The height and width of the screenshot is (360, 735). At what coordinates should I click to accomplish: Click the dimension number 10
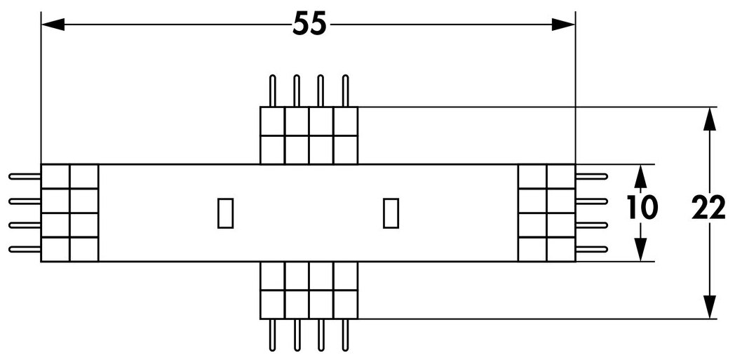642,208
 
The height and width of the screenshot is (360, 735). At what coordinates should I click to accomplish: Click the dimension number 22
709,208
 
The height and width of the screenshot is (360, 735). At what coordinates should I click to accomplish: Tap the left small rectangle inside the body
225,213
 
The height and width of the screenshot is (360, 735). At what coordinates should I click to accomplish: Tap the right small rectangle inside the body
391,213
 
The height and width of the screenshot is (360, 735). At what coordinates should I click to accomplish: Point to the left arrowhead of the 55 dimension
53,25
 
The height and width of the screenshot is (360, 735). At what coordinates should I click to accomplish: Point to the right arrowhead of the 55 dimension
563,25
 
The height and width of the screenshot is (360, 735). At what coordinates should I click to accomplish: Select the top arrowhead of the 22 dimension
710,119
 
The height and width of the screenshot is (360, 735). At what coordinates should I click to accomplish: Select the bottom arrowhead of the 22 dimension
710,307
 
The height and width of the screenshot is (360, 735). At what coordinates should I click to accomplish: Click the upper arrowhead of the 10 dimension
641,176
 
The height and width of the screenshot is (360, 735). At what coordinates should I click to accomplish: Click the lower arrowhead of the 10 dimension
641,249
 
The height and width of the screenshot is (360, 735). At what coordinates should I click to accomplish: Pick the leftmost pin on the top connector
272,91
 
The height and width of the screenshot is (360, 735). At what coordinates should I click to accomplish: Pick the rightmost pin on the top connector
346,91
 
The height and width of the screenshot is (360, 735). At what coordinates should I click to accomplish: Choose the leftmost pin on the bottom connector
272,335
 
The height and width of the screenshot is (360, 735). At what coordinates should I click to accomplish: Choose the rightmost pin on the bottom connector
346,335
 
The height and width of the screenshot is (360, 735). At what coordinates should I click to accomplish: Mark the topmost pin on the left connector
25,177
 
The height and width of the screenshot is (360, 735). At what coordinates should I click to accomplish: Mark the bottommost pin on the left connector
25,249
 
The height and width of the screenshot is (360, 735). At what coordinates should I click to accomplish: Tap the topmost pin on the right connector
591,177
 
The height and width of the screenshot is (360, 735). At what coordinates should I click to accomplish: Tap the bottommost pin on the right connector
591,249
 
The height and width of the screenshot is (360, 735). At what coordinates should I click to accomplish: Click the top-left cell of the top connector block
272,121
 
